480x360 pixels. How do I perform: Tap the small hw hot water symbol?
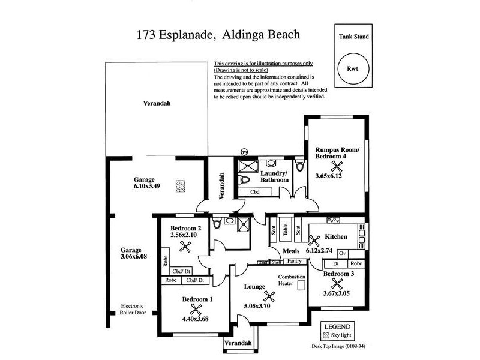coord(244,152)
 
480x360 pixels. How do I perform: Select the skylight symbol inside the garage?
coord(179,186)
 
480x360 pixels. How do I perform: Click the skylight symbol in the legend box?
coord(327,335)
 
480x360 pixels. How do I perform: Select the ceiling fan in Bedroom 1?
coord(195,309)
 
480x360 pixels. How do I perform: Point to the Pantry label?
coord(294,262)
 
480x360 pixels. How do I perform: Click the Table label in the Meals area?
coord(286,229)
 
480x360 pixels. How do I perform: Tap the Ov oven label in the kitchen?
coord(334,253)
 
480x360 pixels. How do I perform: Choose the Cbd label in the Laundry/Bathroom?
coord(254,192)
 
